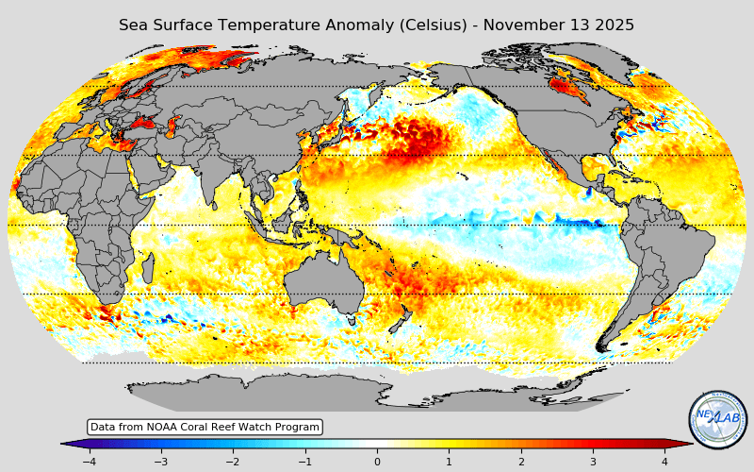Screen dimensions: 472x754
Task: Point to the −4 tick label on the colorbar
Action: (x=89, y=462)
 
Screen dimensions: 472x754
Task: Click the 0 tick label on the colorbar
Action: (x=377, y=462)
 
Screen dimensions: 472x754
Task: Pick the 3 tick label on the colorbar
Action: (x=593, y=462)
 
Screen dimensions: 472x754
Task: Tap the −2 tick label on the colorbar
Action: (x=232, y=462)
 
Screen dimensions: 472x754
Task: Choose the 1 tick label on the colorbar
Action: (x=449, y=462)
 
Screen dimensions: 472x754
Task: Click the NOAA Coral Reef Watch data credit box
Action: (x=205, y=428)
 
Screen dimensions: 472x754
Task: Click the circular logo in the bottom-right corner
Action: (x=718, y=419)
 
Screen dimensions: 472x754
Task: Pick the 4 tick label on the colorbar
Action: (x=664, y=462)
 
